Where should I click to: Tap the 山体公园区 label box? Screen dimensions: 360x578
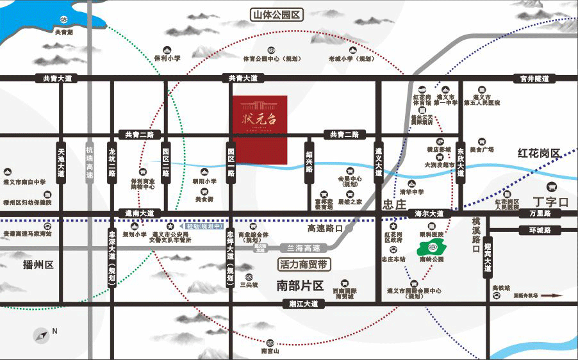click(x=277, y=14)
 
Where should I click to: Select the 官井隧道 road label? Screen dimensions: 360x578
click(x=535, y=79)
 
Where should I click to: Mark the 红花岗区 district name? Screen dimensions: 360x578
click(x=539, y=154)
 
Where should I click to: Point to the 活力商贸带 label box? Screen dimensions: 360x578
click(x=304, y=263)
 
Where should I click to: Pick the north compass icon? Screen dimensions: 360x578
click(x=42, y=334)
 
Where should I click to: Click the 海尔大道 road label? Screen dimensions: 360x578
click(x=429, y=213)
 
